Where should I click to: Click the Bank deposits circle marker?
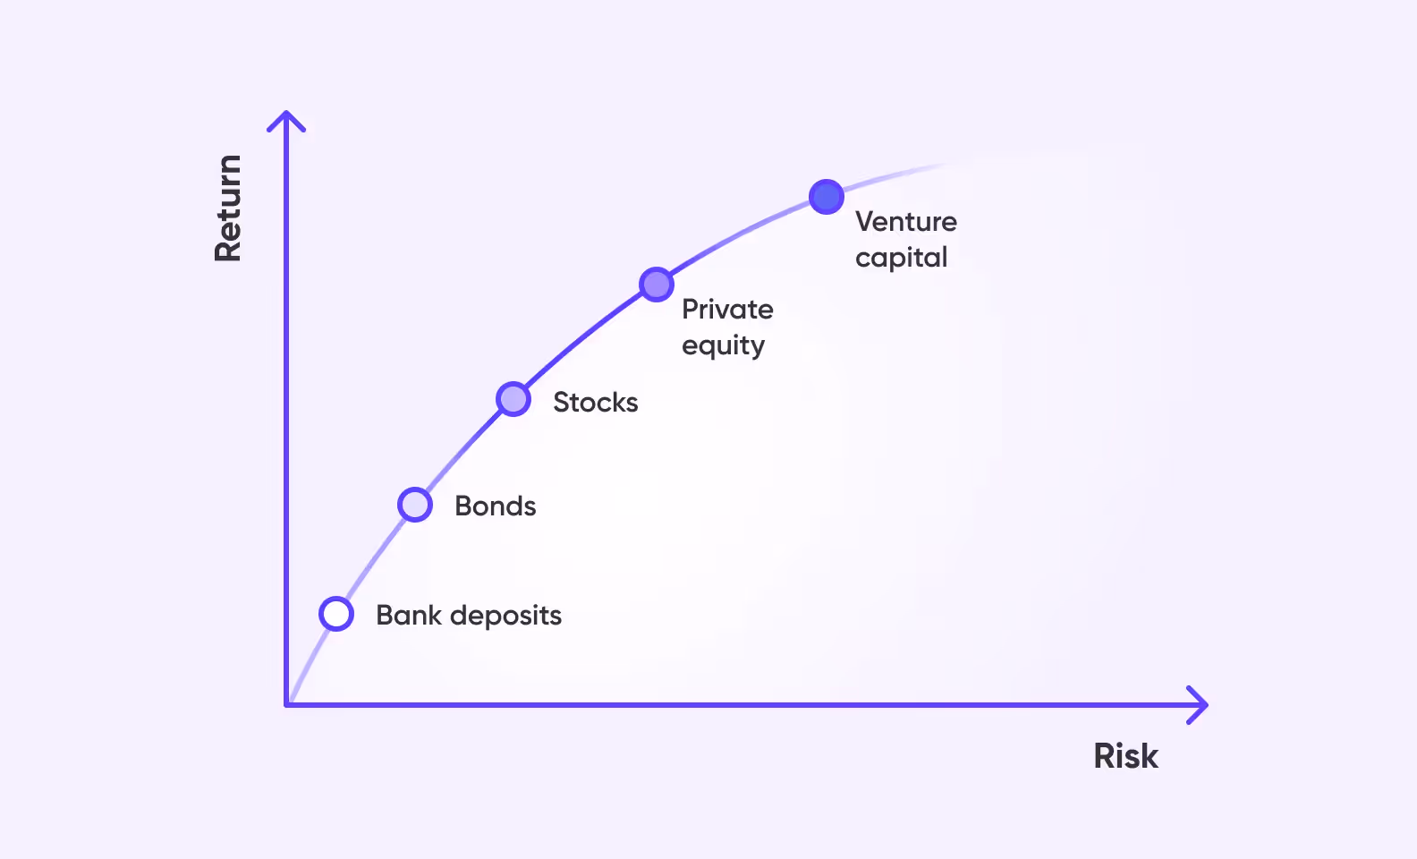coord(336,614)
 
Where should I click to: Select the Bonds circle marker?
coord(415,505)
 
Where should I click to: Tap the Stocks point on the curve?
coord(513,399)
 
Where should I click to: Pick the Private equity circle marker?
coord(657,285)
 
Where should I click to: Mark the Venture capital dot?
coord(827,197)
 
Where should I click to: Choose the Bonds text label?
coord(495,506)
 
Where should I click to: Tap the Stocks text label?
coord(595,402)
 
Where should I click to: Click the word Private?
coord(727,310)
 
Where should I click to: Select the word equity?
coord(723,345)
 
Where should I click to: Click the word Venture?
coord(905,221)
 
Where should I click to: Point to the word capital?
coord(901,258)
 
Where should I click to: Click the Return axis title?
coord(228,208)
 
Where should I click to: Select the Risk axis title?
coord(1125,756)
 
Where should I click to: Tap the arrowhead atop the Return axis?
coord(286,119)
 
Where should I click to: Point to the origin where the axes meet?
coord(287,705)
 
